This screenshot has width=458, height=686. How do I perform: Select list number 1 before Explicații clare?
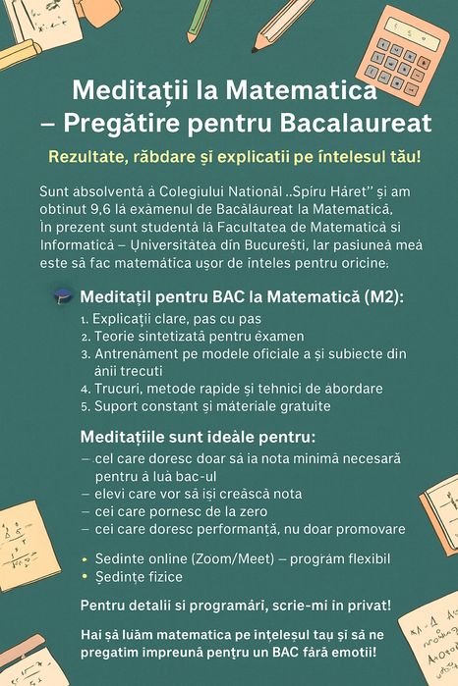pos(85,319)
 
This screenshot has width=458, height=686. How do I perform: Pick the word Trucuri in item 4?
pos(120,389)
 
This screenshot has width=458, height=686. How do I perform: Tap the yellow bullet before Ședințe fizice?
pos(85,576)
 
